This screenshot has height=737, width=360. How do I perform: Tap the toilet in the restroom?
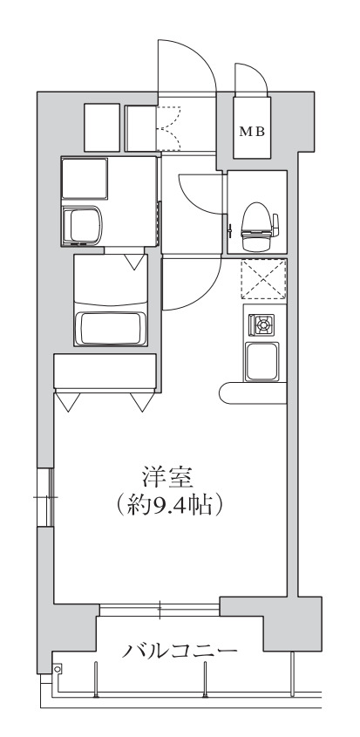[259, 221]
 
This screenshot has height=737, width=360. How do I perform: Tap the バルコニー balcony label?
[180, 651]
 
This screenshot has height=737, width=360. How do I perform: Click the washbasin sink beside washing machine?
[84, 226]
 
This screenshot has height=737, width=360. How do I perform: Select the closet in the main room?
[105, 371]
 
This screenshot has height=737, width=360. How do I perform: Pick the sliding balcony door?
[160, 609]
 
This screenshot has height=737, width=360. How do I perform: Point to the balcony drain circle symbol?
[58, 669]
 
